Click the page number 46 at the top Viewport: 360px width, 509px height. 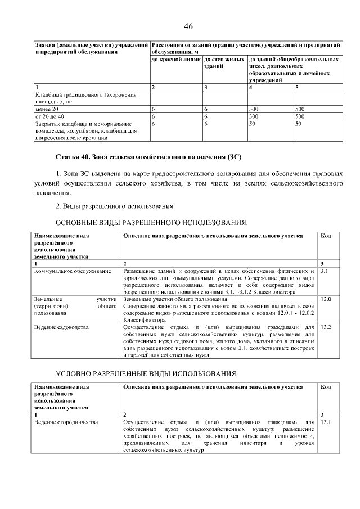coord(188,26)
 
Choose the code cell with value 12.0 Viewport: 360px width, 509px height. coord(326,299)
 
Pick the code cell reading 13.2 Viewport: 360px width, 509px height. coord(326,327)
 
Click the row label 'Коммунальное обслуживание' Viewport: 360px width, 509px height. coord(73,272)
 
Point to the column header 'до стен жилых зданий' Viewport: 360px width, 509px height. coord(224,62)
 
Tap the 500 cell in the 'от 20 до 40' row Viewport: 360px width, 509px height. coord(300,116)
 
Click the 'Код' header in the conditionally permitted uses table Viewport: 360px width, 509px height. coord(326,387)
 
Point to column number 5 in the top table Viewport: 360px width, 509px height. coord(296,88)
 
